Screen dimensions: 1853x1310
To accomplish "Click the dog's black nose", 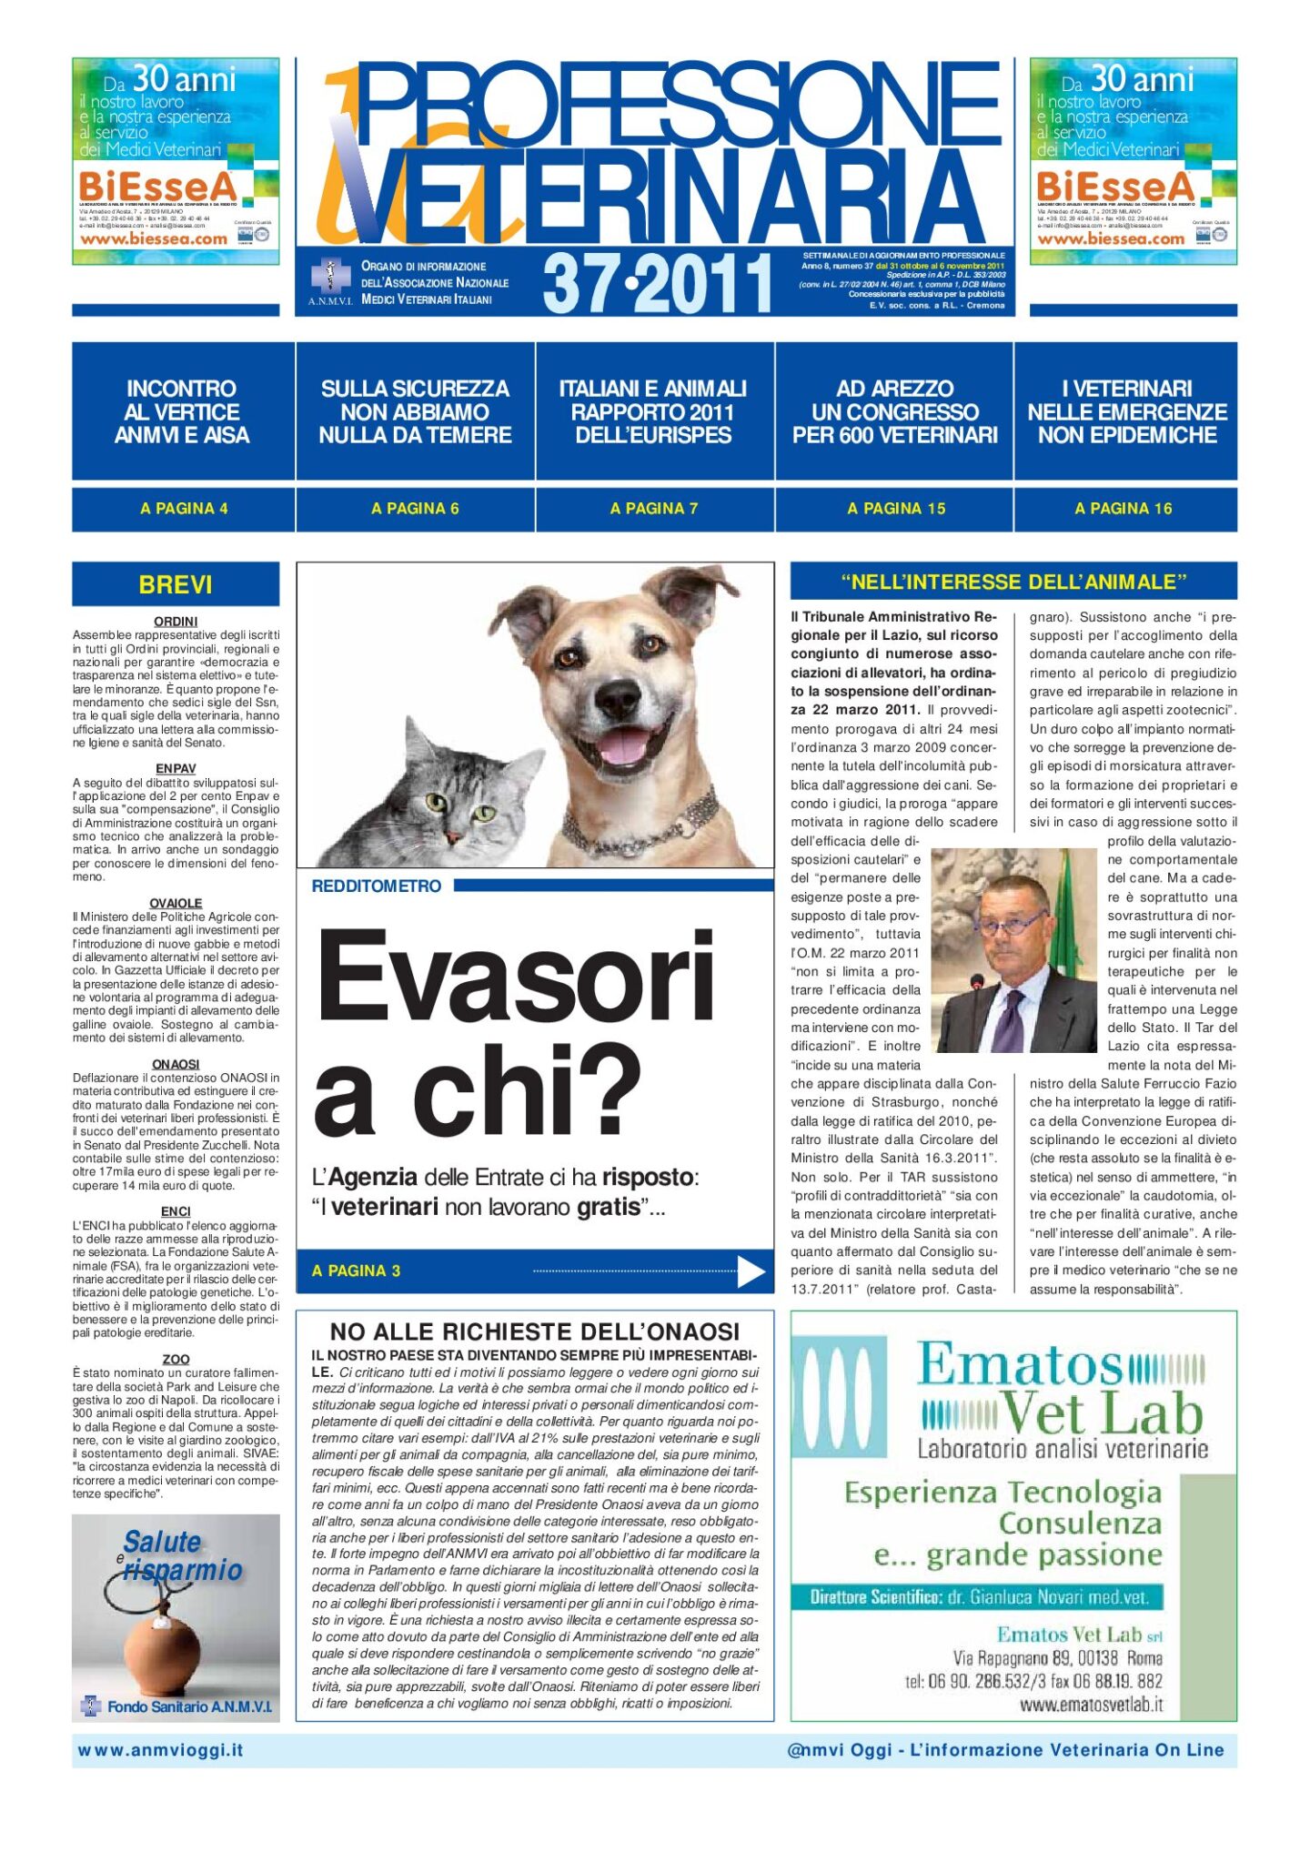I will [x=618, y=698].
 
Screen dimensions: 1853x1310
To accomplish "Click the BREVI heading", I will [x=176, y=584].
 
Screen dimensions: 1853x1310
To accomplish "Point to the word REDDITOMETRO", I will [x=376, y=886].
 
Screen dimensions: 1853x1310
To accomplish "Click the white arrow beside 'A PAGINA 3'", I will [x=751, y=1271].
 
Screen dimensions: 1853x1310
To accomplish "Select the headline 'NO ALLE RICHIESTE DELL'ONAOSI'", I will [x=534, y=1332].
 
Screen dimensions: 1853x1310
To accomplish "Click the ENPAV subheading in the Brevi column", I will [x=176, y=769].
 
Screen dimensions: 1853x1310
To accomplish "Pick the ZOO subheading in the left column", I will [x=176, y=1359].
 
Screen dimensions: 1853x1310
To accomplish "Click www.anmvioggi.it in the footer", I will [x=160, y=1750].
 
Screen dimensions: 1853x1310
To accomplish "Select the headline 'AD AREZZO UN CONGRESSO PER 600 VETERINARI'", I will [x=894, y=411].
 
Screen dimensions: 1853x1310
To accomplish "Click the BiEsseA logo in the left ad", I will [x=158, y=187].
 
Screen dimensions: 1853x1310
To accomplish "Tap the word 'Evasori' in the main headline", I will [x=515, y=980].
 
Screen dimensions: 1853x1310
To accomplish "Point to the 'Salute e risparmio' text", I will [x=182, y=1555].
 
